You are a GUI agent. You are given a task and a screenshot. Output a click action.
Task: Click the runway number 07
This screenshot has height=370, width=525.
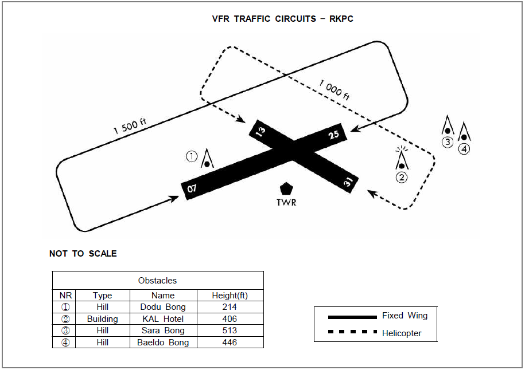click(x=192, y=188)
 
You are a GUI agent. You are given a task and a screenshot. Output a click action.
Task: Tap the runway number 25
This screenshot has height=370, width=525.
click(x=334, y=135)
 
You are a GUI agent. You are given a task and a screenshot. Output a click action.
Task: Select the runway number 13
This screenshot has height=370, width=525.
click(x=260, y=131)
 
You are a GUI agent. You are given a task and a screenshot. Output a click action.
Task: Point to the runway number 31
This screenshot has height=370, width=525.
click(x=348, y=183)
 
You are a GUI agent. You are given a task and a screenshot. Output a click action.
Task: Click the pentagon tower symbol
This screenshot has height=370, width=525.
click(x=285, y=188)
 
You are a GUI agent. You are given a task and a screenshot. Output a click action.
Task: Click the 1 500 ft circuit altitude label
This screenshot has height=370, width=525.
click(x=130, y=125)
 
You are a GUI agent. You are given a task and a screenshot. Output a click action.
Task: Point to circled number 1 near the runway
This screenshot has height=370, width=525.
click(x=192, y=156)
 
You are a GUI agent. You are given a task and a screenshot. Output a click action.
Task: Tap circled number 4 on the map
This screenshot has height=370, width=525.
click(x=464, y=149)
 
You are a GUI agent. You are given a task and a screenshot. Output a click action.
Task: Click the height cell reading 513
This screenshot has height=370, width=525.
click(x=230, y=330)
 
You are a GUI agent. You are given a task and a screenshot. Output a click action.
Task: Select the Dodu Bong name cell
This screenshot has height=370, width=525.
click(x=163, y=307)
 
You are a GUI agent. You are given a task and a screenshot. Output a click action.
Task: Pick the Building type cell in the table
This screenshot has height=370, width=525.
click(x=102, y=319)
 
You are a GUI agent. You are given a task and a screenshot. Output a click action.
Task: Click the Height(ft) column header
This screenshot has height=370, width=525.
click(x=230, y=296)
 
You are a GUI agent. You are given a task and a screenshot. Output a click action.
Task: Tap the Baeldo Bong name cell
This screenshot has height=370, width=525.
click(x=163, y=343)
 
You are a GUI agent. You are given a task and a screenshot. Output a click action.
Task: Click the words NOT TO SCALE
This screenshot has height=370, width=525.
click(x=83, y=254)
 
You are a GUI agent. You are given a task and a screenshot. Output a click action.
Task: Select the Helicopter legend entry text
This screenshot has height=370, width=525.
click(x=402, y=333)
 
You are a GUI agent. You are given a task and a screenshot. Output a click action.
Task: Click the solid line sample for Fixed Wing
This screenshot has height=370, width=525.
click(x=352, y=316)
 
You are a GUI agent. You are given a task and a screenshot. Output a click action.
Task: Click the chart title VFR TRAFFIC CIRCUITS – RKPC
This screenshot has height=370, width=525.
click(x=283, y=19)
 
